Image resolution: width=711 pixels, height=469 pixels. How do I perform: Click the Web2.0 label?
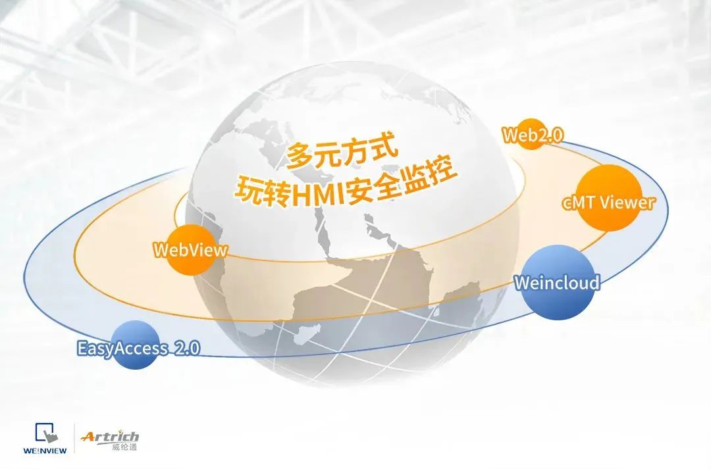[x=533, y=135]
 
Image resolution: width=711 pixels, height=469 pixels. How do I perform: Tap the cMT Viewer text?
[x=608, y=202]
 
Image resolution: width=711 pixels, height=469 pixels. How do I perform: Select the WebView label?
[x=190, y=250]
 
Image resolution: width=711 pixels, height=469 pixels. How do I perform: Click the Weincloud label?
[x=557, y=282]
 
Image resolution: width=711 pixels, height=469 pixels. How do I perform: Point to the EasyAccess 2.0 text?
[x=138, y=349]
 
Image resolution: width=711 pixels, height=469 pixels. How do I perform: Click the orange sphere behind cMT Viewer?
[x=609, y=197]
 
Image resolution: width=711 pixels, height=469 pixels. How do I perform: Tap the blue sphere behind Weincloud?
[x=557, y=282]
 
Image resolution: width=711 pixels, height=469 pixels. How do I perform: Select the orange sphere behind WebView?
[x=190, y=250]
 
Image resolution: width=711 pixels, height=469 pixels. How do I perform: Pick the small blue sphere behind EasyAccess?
[x=135, y=345]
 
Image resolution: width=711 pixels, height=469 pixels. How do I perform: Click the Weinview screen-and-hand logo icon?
[x=47, y=433]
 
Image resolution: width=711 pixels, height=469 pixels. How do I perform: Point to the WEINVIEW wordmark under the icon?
[x=45, y=451]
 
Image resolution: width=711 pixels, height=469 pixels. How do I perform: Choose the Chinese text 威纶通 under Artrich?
[x=124, y=447]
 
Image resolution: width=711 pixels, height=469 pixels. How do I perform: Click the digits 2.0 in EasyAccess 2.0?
[x=187, y=348]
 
